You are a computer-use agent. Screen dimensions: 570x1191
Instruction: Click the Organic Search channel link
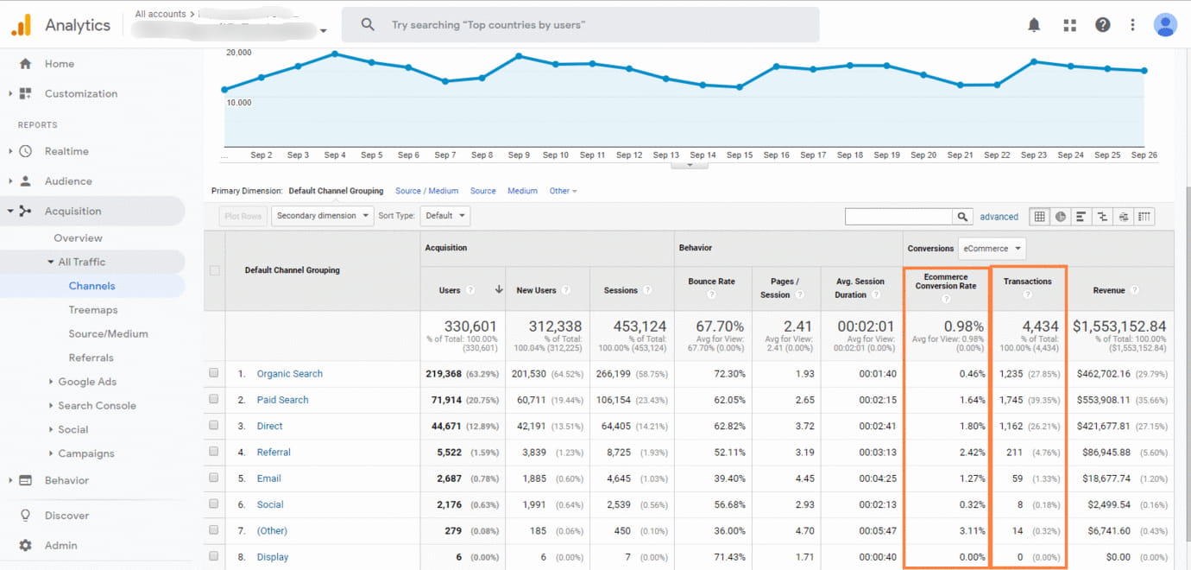click(x=289, y=374)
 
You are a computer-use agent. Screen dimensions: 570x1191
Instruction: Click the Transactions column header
click(x=1027, y=282)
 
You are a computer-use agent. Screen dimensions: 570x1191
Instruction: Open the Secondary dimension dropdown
click(x=322, y=216)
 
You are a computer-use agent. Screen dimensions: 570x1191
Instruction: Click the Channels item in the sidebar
click(x=91, y=286)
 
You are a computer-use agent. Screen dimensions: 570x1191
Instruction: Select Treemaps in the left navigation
click(x=93, y=310)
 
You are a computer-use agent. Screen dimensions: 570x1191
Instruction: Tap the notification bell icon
click(x=1034, y=25)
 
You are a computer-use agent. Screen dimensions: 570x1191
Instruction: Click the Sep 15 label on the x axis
click(x=740, y=155)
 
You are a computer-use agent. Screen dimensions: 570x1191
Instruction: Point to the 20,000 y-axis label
click(x=238, y=53)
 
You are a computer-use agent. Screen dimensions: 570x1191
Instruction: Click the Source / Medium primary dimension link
click(x=426, y=191)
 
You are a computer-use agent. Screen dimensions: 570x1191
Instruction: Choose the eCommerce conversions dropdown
click(x=992, y=249)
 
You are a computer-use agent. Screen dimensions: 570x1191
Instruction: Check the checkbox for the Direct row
click(x=214, y=426)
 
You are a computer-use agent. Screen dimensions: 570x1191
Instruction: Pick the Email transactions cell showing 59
click(x=1016, y=478)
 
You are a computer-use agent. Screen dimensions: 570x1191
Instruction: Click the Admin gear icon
click(x=25, y=546)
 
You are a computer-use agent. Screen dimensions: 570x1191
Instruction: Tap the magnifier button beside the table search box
click(x=962, y=217)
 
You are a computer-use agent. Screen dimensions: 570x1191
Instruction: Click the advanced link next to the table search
click(x=999, y=217)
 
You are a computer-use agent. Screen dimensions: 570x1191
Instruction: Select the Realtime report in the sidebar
click(x=66, y=151)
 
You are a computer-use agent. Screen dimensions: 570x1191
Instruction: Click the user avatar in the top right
click(x=1165, y=25)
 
